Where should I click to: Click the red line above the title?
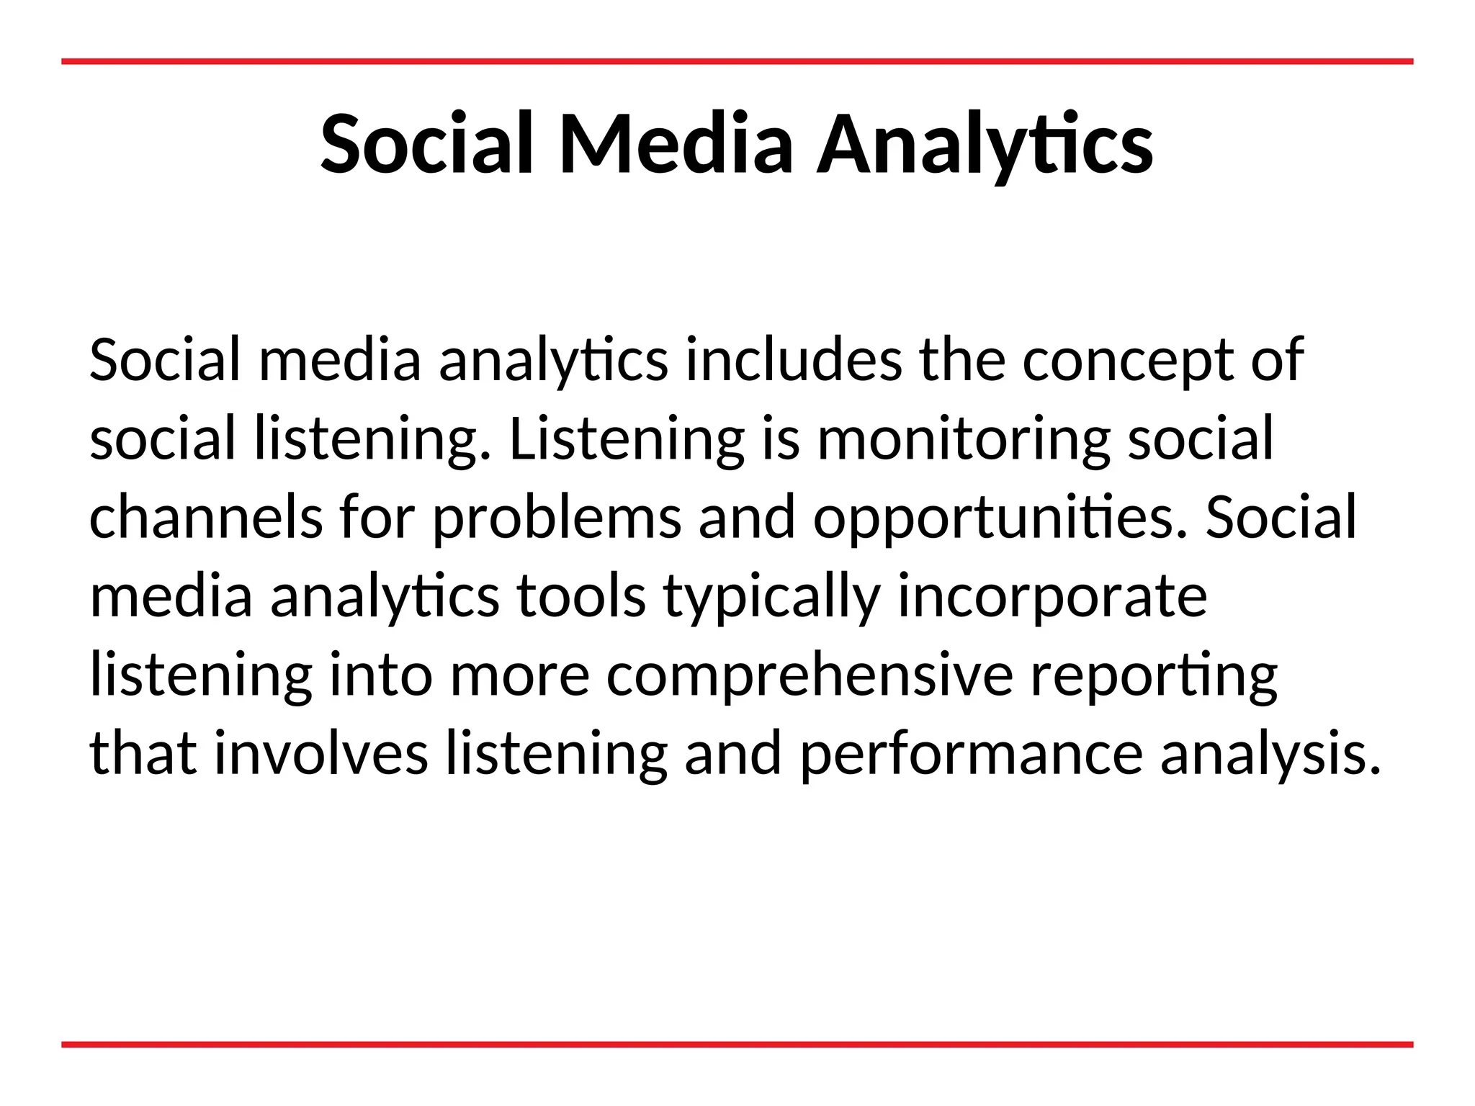pyautogui.click(x=737, y=62)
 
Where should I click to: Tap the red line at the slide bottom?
pyautogui.click(x=737, y=1044)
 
